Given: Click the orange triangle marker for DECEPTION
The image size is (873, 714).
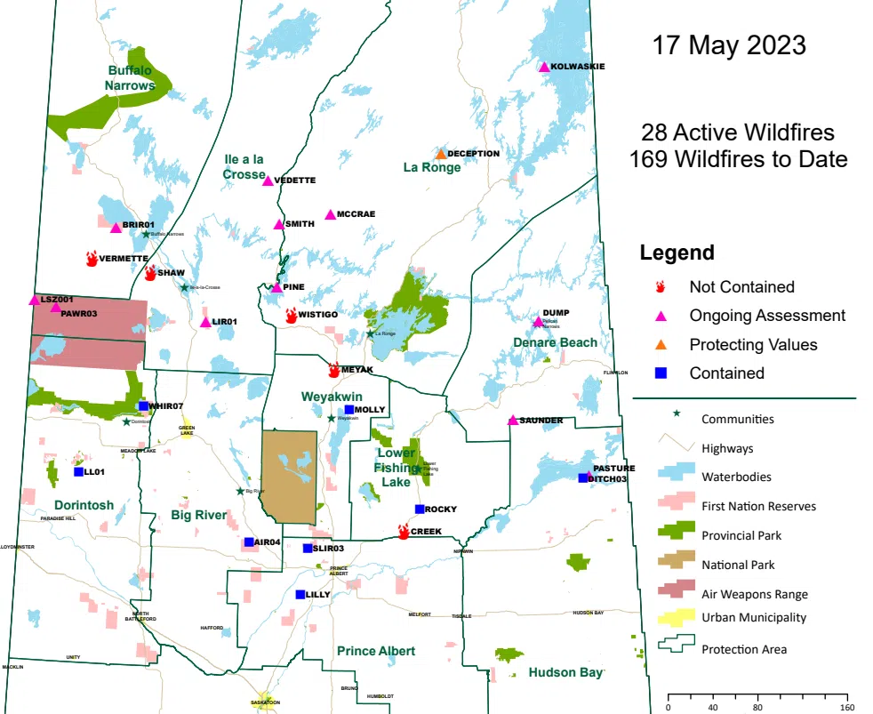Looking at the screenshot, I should [x=440, y=154].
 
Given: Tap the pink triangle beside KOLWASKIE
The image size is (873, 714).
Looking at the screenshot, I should [x=544, y=67].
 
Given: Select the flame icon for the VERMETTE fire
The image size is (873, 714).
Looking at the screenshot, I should [x=92, y=259].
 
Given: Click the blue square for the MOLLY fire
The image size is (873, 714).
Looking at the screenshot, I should [x=349, y=410].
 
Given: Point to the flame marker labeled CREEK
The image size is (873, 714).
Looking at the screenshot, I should [x=404, y=532].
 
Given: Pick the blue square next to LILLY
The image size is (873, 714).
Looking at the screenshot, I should [x=300, y=595].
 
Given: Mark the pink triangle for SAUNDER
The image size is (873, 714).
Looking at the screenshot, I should [x=513, y=421].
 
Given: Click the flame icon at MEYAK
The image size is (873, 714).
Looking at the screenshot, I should [x=334, y=370].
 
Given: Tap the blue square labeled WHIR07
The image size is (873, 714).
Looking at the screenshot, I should [x=143, y=406].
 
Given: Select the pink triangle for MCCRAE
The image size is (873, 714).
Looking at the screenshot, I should [x=331, y=214].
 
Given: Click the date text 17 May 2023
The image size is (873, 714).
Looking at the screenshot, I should [x=729, y=45].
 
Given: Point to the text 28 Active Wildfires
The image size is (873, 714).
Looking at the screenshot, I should [x=738, y=132].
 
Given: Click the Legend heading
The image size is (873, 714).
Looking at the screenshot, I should [x=677, y=253].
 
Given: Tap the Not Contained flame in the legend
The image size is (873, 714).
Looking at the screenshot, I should [x=661, y=287].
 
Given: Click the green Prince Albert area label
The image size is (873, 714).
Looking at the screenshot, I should [x=376, y=651].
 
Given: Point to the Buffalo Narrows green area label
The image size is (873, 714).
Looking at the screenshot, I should [x=131, y=77].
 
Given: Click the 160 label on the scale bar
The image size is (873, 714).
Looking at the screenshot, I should [x=845, y=709].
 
